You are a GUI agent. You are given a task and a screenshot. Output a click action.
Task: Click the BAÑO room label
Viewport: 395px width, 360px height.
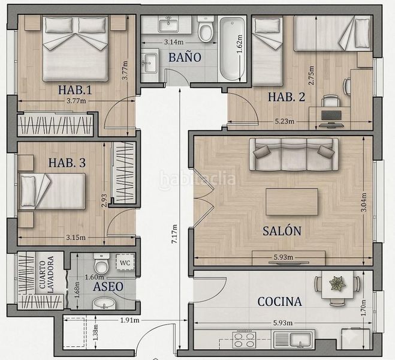[x=185, y=58]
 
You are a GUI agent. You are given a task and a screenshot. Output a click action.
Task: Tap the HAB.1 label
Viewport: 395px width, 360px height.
[x=75, y=90]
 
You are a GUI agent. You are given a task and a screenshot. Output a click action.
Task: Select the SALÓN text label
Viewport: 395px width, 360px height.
[x=282, y=230]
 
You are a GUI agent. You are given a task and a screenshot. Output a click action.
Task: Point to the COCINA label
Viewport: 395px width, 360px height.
[x=280, y=302]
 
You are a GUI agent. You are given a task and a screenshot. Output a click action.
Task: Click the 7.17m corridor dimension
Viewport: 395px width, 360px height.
[x=174, y=234]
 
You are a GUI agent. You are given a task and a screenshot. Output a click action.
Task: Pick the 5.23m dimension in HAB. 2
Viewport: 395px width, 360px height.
[x=284, y=122]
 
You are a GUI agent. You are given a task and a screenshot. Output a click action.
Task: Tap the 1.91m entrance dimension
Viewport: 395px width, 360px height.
[x=129, y=320]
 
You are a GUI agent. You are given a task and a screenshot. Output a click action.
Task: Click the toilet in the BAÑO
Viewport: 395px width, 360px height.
[x=206, y=28]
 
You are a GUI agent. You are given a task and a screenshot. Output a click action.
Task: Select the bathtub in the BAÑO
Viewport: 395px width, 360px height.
[x=232, y=49]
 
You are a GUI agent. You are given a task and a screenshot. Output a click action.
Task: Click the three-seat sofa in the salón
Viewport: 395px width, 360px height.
[x=294, y=154]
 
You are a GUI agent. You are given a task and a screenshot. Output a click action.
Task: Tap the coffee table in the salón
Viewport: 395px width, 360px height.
[x=292, y=202]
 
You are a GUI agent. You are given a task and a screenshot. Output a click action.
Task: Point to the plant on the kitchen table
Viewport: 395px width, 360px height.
[x=337, y=283]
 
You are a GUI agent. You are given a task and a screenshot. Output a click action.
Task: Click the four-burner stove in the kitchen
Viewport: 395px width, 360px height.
[x=244, y=340]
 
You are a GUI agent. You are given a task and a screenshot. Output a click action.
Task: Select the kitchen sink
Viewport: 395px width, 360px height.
[x=293, y=340]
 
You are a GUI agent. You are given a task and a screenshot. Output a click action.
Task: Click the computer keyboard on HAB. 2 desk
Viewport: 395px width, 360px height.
[x=331, y=115]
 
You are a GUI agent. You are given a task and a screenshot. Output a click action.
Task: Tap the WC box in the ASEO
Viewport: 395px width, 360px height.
[x=125, y=262]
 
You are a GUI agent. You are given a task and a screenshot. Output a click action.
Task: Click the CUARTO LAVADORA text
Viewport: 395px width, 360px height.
[x=47, y=274]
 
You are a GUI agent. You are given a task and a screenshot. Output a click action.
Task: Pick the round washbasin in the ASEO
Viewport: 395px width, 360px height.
[x=104, y=303]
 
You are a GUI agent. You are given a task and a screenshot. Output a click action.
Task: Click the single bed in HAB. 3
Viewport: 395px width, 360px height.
[x=52, y=191]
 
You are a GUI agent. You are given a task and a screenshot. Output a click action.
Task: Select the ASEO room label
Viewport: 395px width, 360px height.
[x=108, y=287]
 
